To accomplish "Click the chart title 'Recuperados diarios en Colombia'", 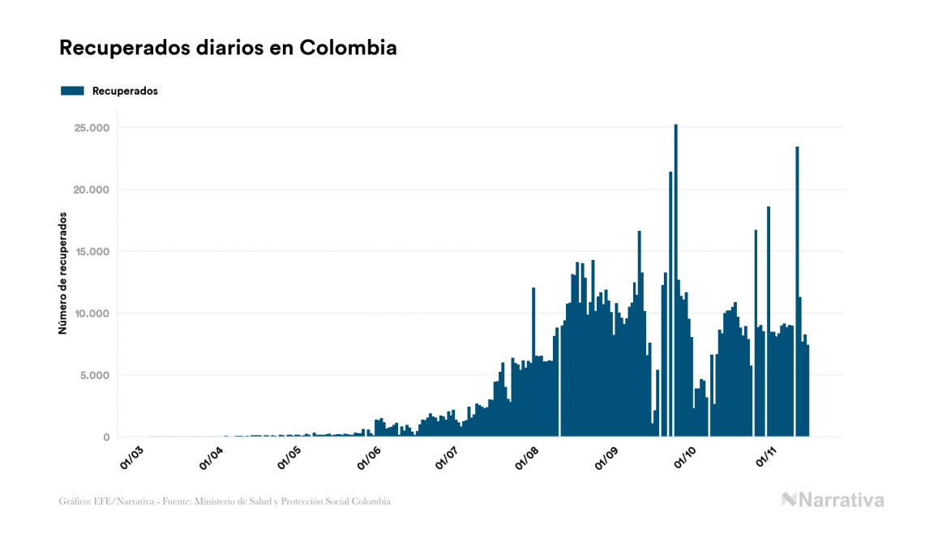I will point(228,48).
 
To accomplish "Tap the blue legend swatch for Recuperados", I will point(72,91).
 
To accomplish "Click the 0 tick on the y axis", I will point(105,437).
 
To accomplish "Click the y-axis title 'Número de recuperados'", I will point(62,273).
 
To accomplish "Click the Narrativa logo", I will point(833,500).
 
